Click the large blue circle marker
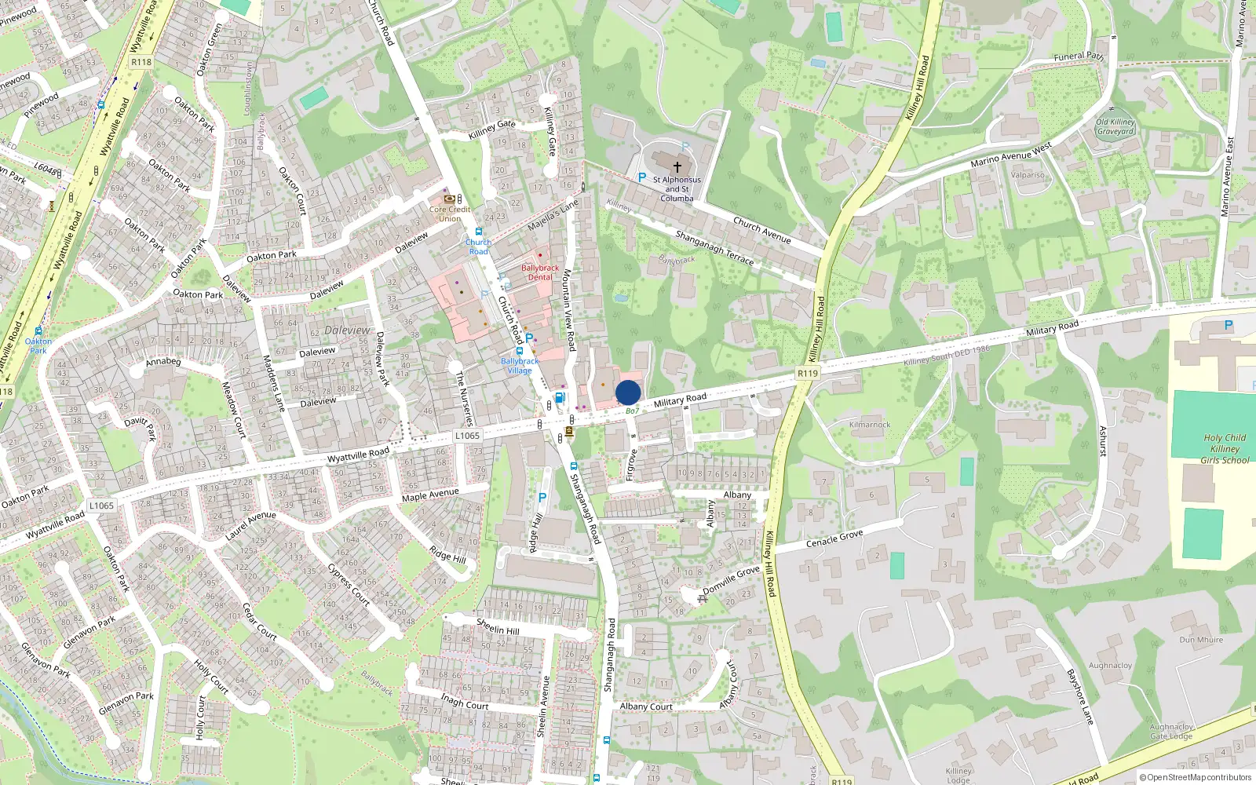coord(628,392)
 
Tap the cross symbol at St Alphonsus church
coord(677,166)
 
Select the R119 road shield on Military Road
coord(807,374)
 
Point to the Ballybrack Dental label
coord(540,272)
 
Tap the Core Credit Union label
coord(450,214)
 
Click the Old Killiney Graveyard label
coord(1115,127)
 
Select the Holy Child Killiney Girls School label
coord(1225,449)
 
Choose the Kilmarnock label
coord(870,425)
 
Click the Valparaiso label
coord(1028,175)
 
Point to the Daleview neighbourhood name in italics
coord(347,330)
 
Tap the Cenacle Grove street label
coord(834,539)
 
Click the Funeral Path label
coord(1079,57)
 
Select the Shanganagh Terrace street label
coord(714,247)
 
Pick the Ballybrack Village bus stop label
coord(520,366)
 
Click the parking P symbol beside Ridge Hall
coord(542,498)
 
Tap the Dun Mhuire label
coord(1201,640)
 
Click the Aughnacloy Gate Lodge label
coord(1171,732)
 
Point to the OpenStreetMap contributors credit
coord(1196,778)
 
